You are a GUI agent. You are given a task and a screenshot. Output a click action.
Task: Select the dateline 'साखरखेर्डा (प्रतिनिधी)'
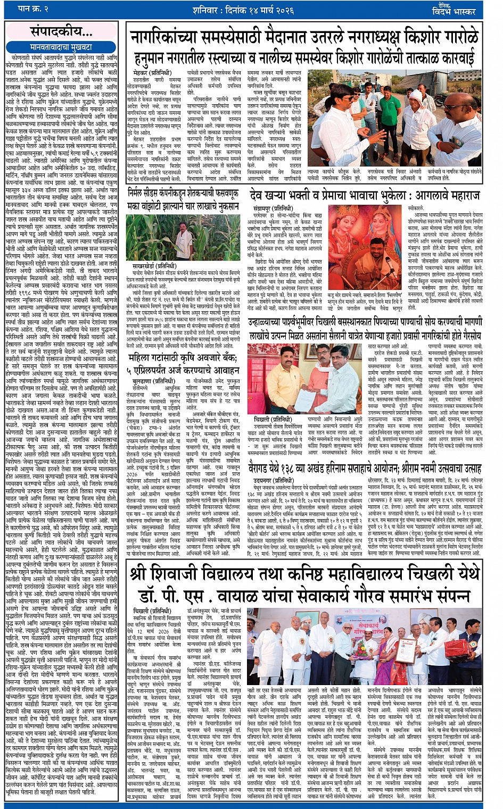pos(155,265)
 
